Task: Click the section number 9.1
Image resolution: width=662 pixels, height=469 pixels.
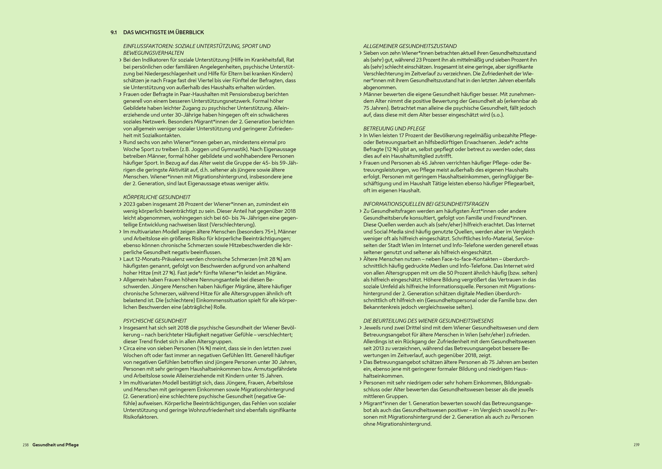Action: [114, 32]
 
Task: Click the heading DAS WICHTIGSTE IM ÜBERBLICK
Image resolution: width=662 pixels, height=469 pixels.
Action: [163, 32]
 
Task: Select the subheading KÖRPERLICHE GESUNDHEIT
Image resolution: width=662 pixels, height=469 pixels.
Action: [157, 197]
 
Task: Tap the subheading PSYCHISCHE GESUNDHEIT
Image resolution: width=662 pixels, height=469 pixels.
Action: [155, 321]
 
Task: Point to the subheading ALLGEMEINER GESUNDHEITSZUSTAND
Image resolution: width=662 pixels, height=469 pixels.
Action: [410, 46]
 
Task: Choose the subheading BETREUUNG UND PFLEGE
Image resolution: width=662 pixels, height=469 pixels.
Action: [394, 129]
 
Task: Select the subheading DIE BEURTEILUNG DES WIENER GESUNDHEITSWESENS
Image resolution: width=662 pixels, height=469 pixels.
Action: [428, 321]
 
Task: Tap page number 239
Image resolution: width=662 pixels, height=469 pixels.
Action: [636, 445]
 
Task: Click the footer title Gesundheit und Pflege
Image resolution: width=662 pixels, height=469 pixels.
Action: [55, 445]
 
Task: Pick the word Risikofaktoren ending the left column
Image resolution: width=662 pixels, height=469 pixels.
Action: [141, 417]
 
